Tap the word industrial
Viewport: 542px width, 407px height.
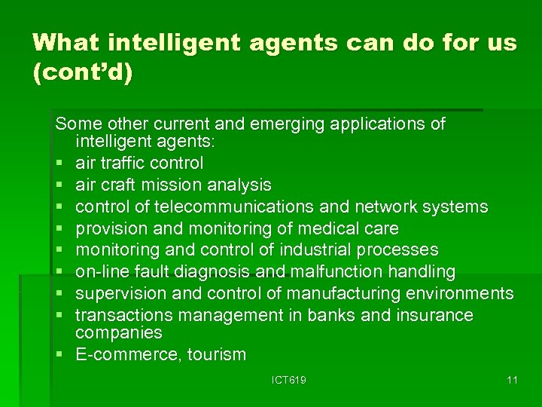[x=306, y=249]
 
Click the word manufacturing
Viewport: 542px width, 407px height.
[x=343, y=293]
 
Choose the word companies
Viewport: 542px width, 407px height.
[x=118, y=332]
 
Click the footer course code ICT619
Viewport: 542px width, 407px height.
[x=289, y=381]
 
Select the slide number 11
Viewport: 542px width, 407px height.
[x=512, y=381]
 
